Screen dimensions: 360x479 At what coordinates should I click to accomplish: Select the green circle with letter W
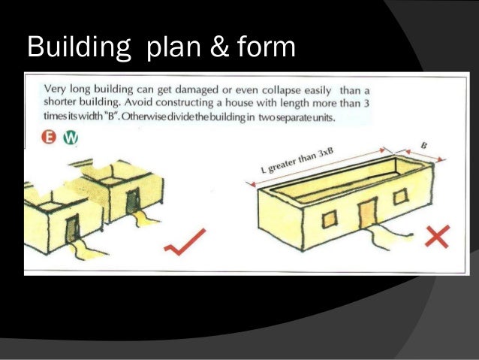pos(71,138)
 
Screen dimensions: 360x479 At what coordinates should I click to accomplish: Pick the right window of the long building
pos(401,198)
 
